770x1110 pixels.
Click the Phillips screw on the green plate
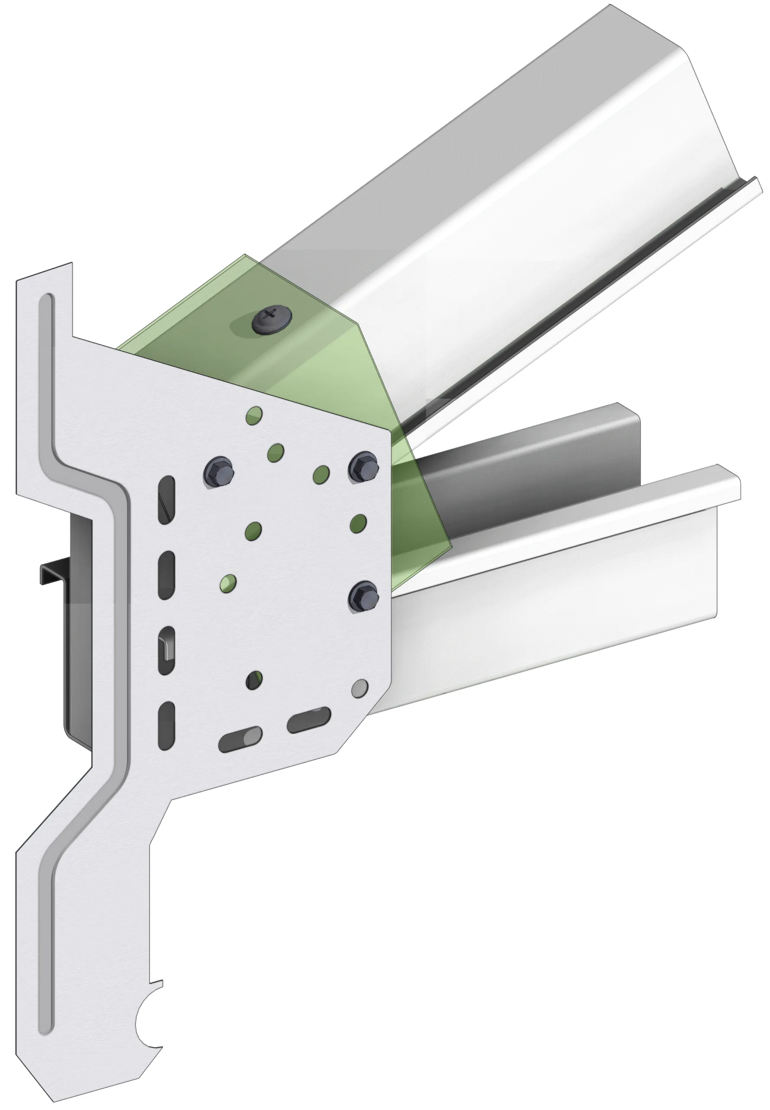[271, 317]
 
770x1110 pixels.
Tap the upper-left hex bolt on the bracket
[218, 471]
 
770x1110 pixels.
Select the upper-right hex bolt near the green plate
[363, 466]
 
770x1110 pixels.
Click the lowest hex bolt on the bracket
[363, 596]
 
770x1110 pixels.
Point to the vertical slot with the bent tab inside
[166, 650]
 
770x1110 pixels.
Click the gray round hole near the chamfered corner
[360, 689]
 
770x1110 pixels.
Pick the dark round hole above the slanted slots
[254, 680]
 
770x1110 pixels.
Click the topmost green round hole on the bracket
[254, 414]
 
